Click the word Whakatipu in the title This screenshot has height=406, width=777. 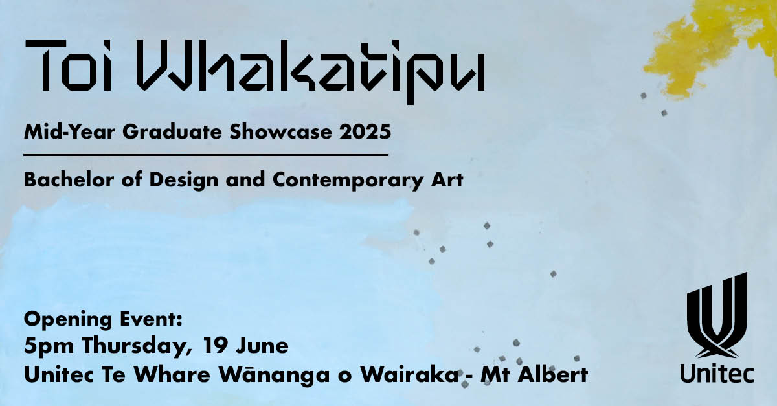[310, 71]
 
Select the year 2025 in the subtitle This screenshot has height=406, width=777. [365, 132]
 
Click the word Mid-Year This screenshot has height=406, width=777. [69, 132]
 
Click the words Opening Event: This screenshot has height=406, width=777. [103, 320]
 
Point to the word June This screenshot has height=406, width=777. [262, 346]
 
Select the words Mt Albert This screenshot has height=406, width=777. [534, 374]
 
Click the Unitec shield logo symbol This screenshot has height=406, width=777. [717, 316]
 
